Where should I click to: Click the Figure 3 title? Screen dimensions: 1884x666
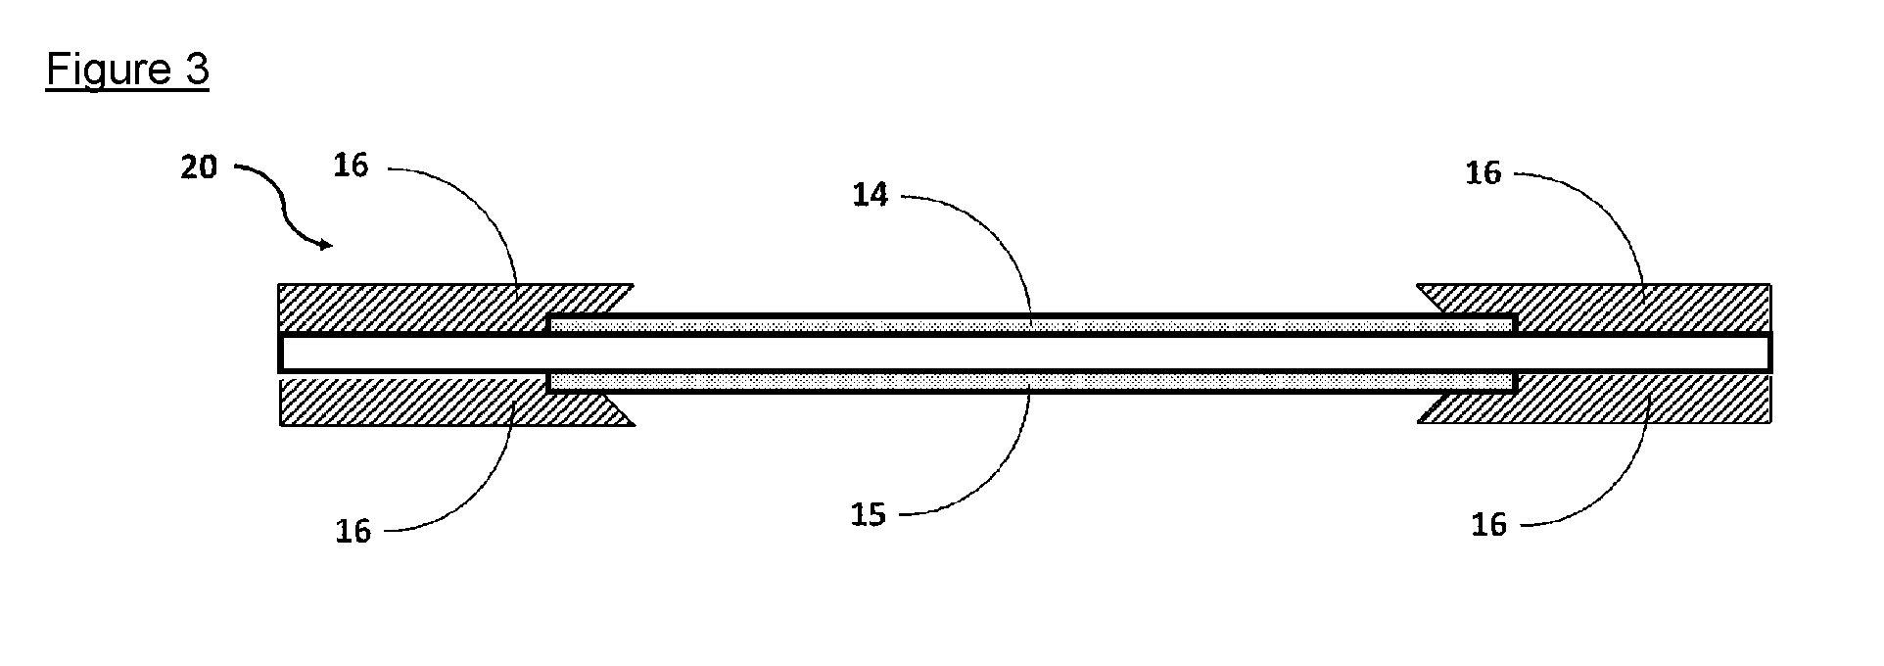point(127,71)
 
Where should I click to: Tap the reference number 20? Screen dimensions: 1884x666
point(199,168)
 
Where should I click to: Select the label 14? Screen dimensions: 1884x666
point(871,196)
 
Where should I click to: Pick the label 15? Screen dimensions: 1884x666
point(869,515)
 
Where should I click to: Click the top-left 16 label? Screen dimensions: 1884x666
point(351,166)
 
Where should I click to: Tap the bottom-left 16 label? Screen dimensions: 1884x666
point(353,532)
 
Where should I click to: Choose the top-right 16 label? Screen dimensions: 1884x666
point(1484,173)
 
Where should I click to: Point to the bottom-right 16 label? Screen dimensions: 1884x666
point(1488,526)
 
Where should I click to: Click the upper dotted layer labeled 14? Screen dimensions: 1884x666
point(1031,324)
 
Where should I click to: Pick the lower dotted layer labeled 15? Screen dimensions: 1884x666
point(1031,382)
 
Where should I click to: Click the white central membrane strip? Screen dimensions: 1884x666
point(1024,353)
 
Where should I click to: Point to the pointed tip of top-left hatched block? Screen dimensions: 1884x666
point(634,285)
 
